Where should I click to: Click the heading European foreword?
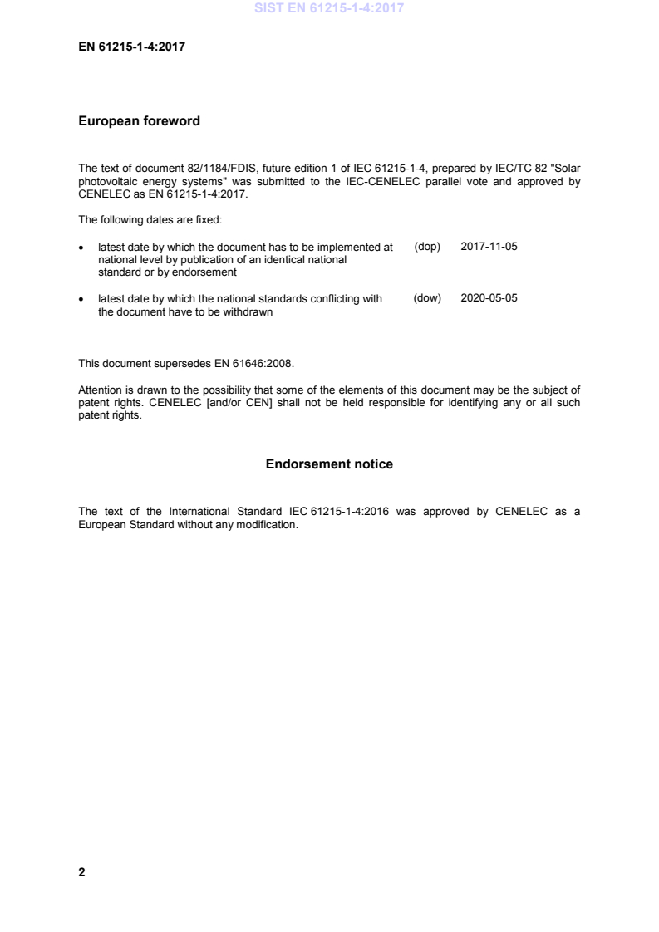139,121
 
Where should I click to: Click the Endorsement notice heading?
329,464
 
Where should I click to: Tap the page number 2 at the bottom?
81,872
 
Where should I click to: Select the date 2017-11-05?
489,248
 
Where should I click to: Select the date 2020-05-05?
489,298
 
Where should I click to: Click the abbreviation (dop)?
426,248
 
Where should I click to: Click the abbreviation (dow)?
426,298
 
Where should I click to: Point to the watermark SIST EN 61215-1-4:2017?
329,11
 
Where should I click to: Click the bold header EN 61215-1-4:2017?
131,47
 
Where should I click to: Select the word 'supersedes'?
170,363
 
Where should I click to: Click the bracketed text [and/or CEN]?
231,403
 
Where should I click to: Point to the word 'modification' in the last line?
267,526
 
